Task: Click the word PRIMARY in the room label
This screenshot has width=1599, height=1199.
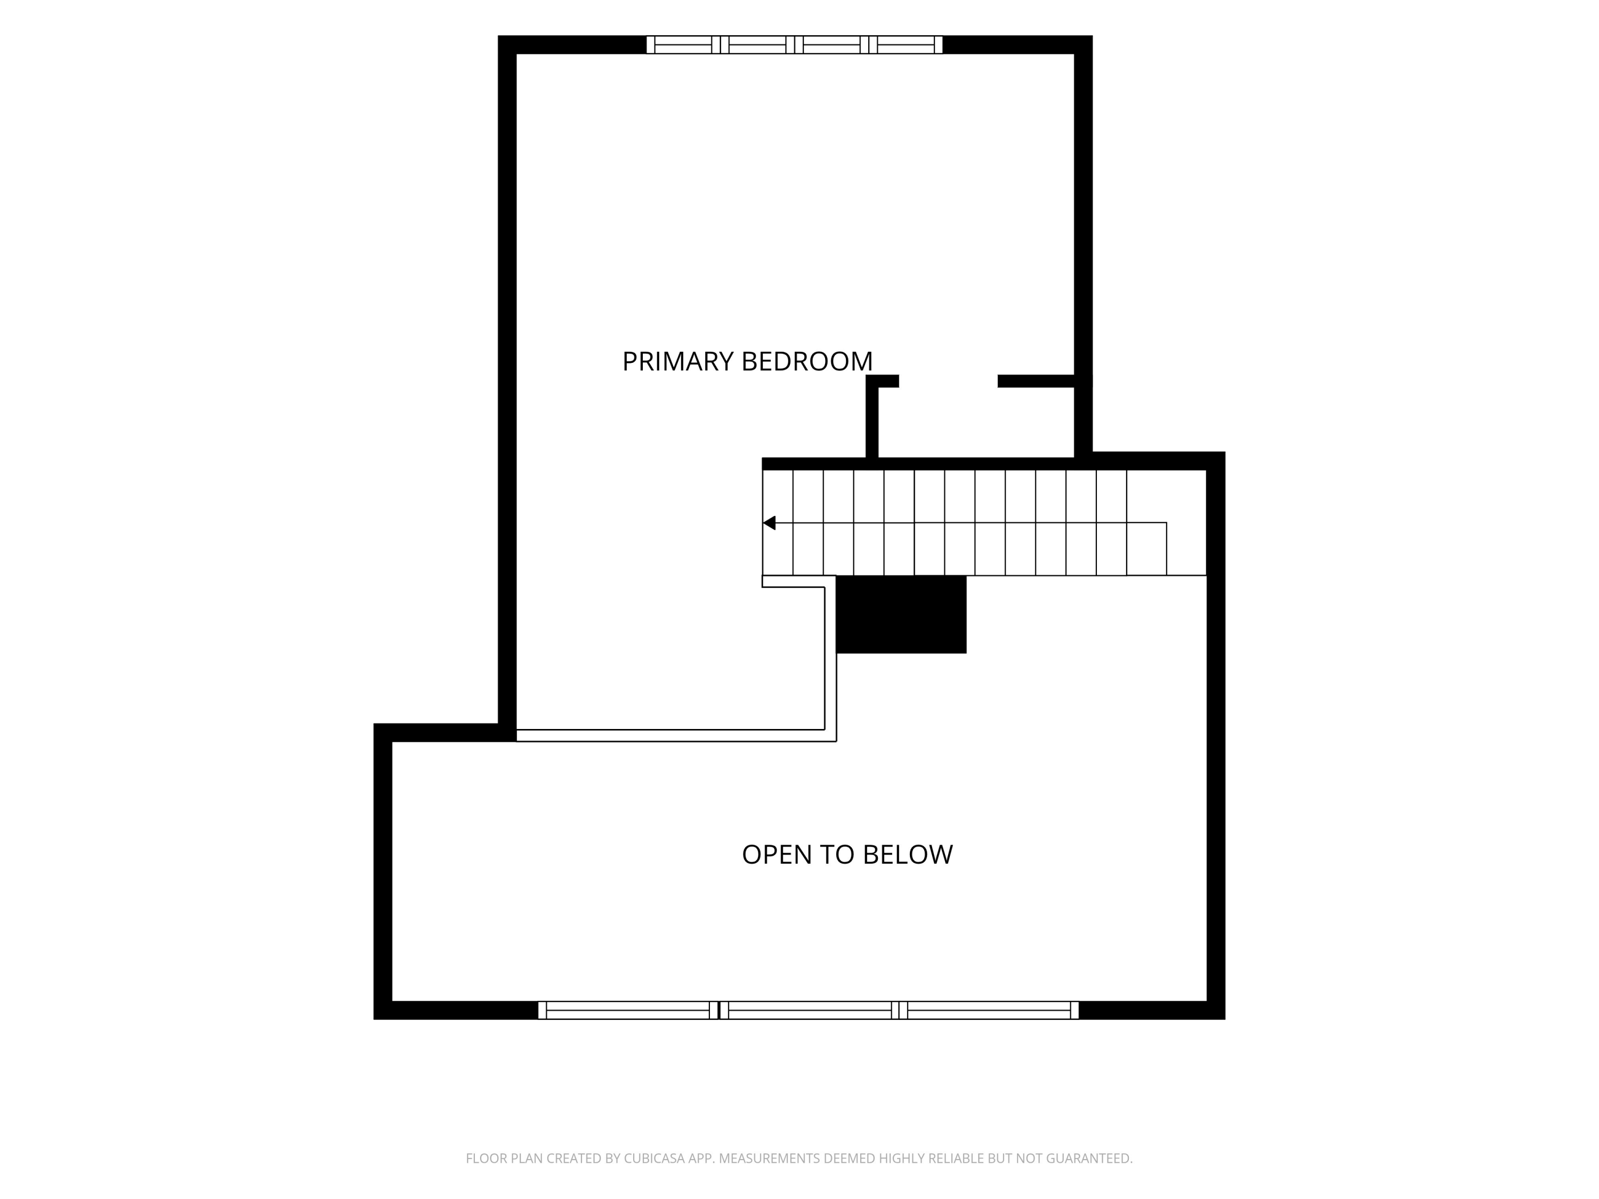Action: click(678, 361)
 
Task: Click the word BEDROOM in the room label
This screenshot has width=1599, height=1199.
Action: click(807, 361)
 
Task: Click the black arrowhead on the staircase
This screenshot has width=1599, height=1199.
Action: click(769, 523)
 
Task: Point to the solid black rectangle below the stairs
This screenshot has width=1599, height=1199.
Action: click(901, 614)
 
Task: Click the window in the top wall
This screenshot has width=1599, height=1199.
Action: click(795, 45)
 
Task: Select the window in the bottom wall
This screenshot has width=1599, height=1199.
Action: click(808, 1010)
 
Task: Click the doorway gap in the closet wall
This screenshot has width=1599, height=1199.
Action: click(948, 381)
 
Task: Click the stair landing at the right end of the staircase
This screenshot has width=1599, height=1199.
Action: click(1167, 523)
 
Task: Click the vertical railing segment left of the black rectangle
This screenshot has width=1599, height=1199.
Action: click(830, 658)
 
